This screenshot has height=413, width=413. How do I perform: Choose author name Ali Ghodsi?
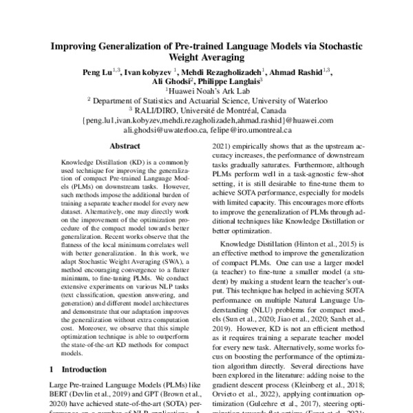point(170,80)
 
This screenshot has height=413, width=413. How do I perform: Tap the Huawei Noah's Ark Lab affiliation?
point(206,89)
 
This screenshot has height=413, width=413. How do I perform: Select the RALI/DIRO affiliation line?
point(206,109)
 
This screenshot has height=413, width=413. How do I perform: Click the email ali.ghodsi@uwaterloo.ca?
point(163,129)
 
